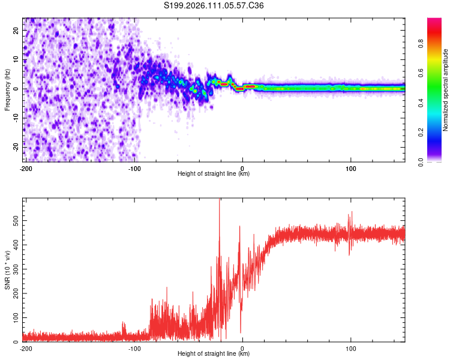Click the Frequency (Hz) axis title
click(7, 90)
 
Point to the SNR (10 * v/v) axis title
click(7, 269)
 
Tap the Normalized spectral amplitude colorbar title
click(446, 90)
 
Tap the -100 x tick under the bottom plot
click(134, 348)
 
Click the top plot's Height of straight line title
click(214, 175)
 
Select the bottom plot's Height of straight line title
click(214, 354)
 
